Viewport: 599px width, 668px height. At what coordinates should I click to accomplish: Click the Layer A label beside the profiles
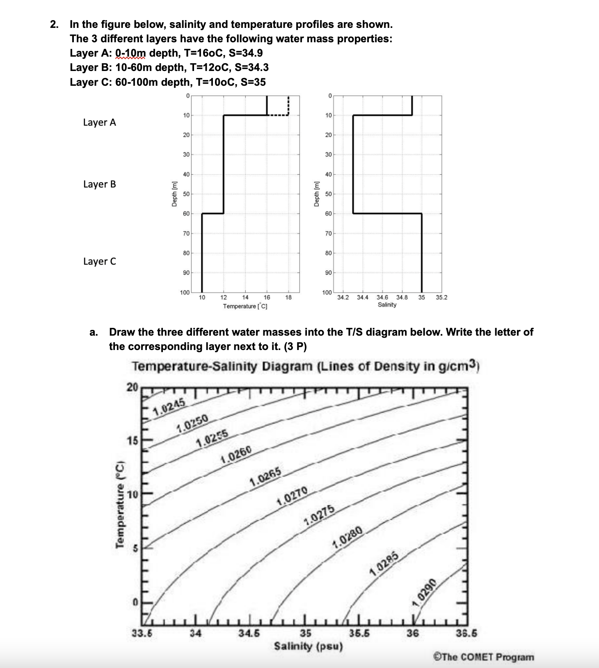point(99,122)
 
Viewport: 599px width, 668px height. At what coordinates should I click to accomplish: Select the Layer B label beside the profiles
point(99,184)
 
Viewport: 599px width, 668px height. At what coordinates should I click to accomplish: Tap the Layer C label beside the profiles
point(99,261)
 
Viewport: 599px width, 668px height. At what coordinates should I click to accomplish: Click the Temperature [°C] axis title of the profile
point(245,306)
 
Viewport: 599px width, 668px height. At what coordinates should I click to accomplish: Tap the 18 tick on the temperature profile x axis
point(288,297)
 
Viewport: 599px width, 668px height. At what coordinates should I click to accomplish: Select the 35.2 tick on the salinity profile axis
point(442,297)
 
